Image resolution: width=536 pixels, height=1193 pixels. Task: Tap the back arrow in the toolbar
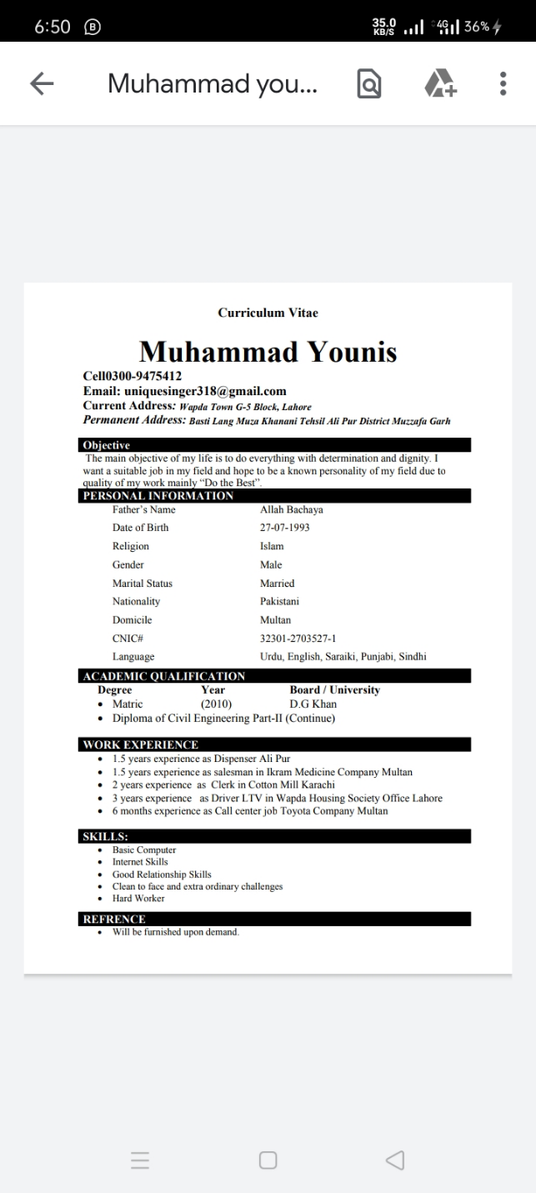pos(42,83)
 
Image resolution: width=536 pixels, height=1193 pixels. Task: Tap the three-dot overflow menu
pos(503,83)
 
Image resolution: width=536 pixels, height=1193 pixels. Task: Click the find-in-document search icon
pos(369,83)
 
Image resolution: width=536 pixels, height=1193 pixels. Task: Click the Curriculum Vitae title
pos(268,313)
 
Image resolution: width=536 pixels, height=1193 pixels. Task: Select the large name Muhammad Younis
pos(268,351)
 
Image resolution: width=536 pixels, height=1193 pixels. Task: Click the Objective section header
pos(107,445)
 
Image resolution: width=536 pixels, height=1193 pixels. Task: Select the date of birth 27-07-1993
pos(285,528)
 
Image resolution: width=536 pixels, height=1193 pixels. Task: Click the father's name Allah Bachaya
pos(292,509)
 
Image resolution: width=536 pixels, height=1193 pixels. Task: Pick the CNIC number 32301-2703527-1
pos(298,639)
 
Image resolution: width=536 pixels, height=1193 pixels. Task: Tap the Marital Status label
pos(143,584)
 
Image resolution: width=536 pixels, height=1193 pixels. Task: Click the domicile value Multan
pos(276,620)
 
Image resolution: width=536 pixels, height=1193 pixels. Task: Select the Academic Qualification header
pos(164,676)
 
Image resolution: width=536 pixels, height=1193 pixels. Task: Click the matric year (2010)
pos(217,704)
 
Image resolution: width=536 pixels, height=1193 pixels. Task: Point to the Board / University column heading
pos(334,690)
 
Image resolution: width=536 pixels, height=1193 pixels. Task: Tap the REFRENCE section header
pos(114,919)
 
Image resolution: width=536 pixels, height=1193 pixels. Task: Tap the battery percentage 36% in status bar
pos(477,26)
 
